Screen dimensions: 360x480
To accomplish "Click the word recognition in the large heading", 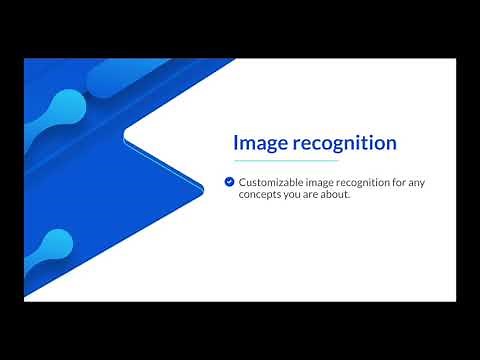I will coord(342,143).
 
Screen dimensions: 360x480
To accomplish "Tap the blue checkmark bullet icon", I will coord(229,182).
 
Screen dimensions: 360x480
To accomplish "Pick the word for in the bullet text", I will coord(405,182).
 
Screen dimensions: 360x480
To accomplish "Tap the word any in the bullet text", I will coord(426,182).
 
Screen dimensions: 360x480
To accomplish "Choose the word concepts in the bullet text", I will coord(260,194).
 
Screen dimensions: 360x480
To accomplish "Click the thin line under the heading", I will coord(285,160).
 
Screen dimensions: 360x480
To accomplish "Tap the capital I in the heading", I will coord(236,143).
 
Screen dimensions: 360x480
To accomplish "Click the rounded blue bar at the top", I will coord(150,75).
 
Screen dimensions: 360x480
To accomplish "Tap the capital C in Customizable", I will coord(243,182).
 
